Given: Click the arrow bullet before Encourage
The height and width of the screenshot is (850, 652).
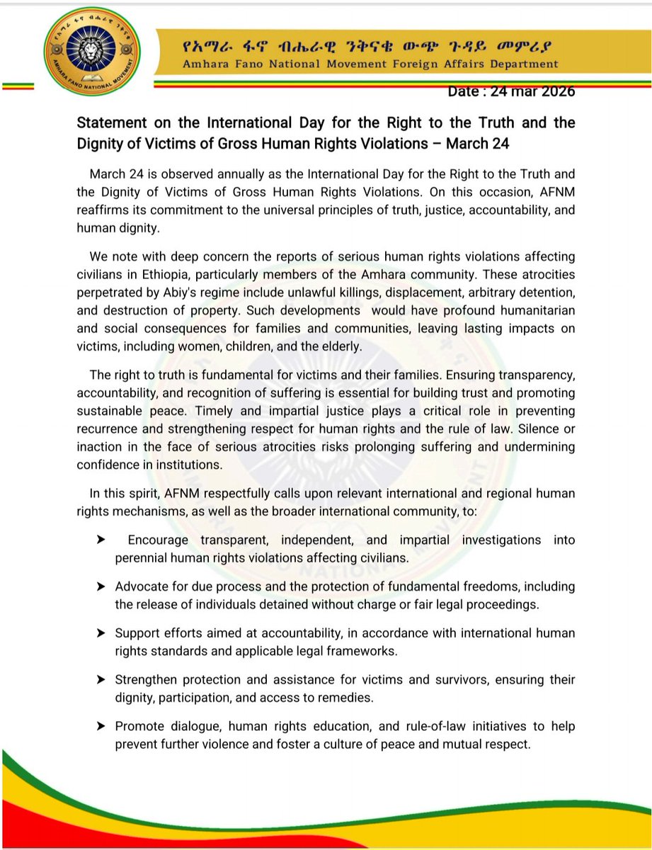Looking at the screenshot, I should click(101, 540).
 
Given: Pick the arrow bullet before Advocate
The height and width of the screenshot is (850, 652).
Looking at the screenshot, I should click(101, 586).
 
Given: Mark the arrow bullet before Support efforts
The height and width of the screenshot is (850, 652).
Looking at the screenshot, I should click(101, 633).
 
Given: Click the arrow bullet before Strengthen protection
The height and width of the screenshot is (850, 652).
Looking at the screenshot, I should click(101, 679).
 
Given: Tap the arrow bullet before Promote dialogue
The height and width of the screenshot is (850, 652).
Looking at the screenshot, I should click(101, 726).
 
